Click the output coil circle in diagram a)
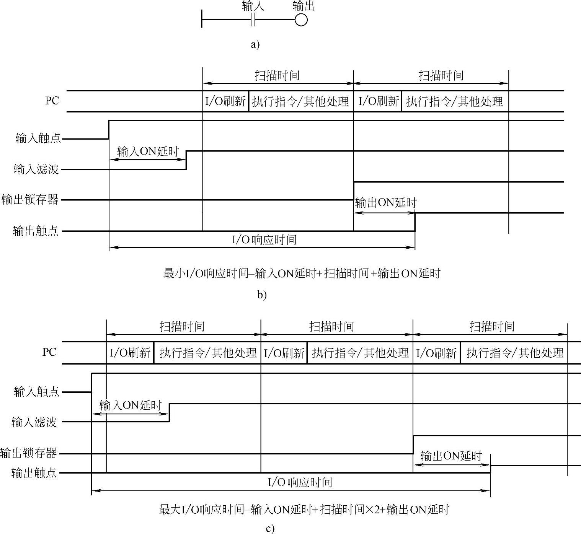(x=301, y=20)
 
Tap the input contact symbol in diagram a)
(x=253, y=20)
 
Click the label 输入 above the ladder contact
(x=253, y=7)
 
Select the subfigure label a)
(x=255, y=45)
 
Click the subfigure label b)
(x=262, y=295)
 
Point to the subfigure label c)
(x=270, y=529)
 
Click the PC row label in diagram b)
(x=52, y=101)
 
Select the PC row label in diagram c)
(x=49, y=352)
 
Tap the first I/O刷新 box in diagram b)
(x=225, y=101)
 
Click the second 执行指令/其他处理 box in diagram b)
(x=454, y=101)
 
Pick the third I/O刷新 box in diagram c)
(x=436, y=353)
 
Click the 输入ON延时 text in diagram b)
(x=148, y=151)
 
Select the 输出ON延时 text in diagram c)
(x=451, y=456)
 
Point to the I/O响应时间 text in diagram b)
(x=264, y=240)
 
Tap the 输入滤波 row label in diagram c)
(x=34, y=422)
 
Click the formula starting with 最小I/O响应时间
(x=302, y=274)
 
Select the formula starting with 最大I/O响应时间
(x=304, y=510)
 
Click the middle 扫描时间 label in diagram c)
(x=331, y=326)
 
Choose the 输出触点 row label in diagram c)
(x=34, y=473)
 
